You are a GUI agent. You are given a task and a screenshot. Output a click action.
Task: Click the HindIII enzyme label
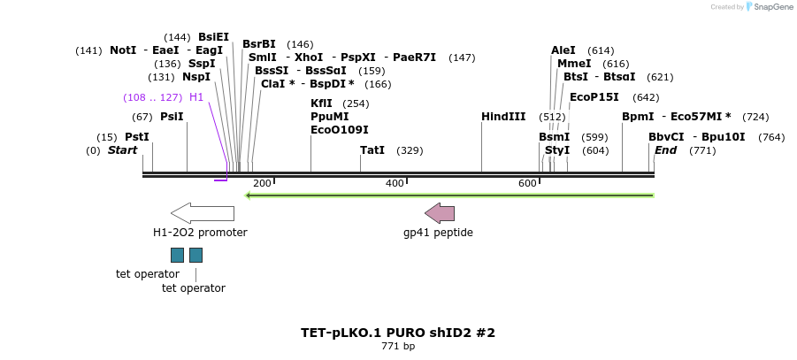point(503,117)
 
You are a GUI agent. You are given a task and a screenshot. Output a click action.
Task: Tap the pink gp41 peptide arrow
point(440,213)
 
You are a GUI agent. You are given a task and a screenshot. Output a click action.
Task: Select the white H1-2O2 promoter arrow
point(203,213)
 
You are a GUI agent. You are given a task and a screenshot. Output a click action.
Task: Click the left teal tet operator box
point(177,256)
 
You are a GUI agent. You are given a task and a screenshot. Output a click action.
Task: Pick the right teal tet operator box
point(195,256)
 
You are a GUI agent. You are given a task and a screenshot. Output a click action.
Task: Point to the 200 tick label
point(262,183)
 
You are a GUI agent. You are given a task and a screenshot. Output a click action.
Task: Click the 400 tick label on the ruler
point(395,183)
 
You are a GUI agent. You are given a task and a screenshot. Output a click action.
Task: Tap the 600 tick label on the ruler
point(527,183)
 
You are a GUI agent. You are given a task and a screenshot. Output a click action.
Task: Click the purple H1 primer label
point(196,97)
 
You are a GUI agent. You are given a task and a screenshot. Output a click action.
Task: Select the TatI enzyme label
point(372,150)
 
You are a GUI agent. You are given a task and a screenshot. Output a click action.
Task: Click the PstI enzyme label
point(137,137)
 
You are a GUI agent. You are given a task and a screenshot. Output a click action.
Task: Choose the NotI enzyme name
point(123,50)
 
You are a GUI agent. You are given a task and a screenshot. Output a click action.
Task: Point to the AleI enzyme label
point(563,50)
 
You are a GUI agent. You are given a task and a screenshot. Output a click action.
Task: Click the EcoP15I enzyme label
point(594,97)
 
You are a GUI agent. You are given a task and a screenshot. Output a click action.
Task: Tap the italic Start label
point(123,150)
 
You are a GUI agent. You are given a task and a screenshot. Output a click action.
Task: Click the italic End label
point(665,150)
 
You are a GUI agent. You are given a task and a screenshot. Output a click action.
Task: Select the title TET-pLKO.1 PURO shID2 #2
point(398,333)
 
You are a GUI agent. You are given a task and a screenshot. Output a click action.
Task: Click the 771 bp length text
point(398,347)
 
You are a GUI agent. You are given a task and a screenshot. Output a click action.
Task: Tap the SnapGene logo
point(769,7)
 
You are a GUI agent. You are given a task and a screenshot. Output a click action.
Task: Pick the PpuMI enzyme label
point(329,117)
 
